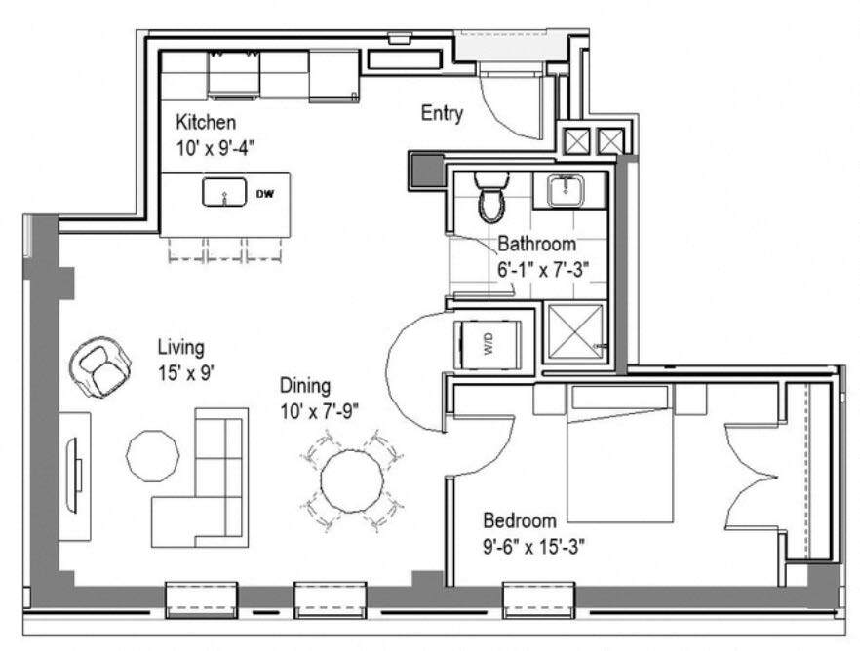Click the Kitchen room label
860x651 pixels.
[205, 123]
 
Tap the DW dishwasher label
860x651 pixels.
[265, 194]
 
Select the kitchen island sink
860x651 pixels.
[224, 193]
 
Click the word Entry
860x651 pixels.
[442, 113]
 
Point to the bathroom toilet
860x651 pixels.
[489, 198]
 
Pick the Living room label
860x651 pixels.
[181, 347]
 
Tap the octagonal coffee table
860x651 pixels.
[153, 455]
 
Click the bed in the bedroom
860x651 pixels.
[620, 458]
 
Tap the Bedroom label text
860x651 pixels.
[519, 520]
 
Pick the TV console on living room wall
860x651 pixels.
[74, 476]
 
